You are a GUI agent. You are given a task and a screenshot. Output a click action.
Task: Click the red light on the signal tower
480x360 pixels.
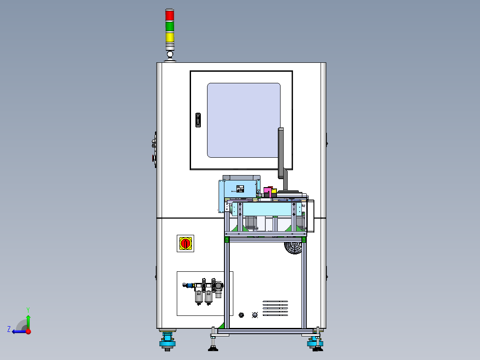[x=170, y=15]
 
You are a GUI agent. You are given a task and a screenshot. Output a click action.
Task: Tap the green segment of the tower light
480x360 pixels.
[x=170, y=26]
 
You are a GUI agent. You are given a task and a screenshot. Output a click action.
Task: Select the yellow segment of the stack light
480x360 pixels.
[x=170, y=37]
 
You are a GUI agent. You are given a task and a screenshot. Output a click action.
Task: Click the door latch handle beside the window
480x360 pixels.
[x=198, y=120]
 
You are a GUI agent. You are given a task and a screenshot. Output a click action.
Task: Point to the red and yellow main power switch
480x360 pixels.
[x=185, y=244]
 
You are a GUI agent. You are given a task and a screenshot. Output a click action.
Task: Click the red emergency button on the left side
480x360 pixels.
[x=153, y=158]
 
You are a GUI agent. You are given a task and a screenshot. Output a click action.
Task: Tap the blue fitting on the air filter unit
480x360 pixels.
[x=191, y=286]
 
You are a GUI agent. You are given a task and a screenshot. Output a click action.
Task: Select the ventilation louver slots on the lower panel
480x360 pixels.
[x=275, y=308]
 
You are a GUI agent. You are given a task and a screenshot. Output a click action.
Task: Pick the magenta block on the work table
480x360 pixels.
[x=267, y=191]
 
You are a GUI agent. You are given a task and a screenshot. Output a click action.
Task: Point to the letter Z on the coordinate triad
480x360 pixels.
[x=9, y=329]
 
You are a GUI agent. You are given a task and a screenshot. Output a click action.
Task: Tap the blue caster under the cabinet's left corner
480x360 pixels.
[x=167, y=341]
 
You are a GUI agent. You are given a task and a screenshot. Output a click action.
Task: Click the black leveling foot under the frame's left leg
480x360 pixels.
[x=213, y=348]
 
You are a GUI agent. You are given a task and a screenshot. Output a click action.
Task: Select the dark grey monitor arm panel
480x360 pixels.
[x=281, y=153]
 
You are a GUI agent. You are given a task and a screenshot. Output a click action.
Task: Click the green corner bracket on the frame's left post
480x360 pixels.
[x=227, y=240]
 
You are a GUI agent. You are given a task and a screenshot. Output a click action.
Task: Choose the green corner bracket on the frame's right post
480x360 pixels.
[x=304, y=240]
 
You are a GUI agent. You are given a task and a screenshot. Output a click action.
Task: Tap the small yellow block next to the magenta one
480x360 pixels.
[x=274, y=191]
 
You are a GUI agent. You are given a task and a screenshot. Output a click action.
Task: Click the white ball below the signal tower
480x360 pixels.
[x=170, y=54]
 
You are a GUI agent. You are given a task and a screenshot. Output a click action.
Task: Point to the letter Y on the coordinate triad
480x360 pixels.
[x=28, y=310]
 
